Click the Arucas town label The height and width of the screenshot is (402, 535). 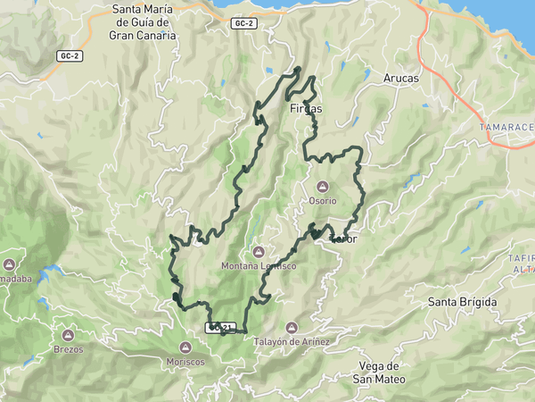tap(400, 79)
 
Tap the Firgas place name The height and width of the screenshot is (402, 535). tap(306, 108)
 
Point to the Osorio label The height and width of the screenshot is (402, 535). tap(323, 201)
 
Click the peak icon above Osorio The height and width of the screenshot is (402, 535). tap(323, 187)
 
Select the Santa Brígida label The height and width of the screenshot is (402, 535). tap(463, 302)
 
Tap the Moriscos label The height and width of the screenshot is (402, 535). tap(185, 362)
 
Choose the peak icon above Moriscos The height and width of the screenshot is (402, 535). tap(185, 348)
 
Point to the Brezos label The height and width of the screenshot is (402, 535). tap(68, 349)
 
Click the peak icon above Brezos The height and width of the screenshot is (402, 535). tap(68, 335)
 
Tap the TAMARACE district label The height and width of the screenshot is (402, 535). tap(506, 128)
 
